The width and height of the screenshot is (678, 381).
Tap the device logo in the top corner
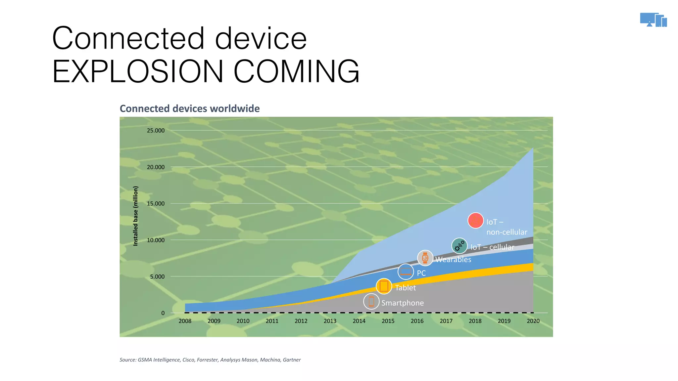pos(653,20)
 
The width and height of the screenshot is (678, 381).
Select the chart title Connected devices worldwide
pos(189,108)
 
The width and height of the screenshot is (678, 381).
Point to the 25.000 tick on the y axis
pos(156,130)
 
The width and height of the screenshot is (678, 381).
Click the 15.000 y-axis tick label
pos(156,203)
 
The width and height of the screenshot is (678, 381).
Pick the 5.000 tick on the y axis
pos(157,276)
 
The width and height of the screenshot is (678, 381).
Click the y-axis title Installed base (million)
pos(135,216)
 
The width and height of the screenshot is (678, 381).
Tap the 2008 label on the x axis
pos(185,321)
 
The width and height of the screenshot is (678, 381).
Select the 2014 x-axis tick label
pos(359,321)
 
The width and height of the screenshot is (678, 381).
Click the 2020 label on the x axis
pos(533,321)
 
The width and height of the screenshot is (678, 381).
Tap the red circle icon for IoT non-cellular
pos(475,221)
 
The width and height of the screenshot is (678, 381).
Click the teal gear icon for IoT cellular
pos(460,246)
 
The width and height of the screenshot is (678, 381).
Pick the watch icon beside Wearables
pos(425,258)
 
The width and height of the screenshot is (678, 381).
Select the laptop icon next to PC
pos(406,272)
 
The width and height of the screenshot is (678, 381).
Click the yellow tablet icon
pos(384,286)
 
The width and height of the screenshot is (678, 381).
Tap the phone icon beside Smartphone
pos(371,302)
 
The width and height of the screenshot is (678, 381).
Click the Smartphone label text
pos(402,303)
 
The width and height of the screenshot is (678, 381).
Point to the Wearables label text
pos(453,260)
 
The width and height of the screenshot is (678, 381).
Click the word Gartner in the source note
pos(292,360)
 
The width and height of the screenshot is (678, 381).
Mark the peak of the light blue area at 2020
pos(533,148)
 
